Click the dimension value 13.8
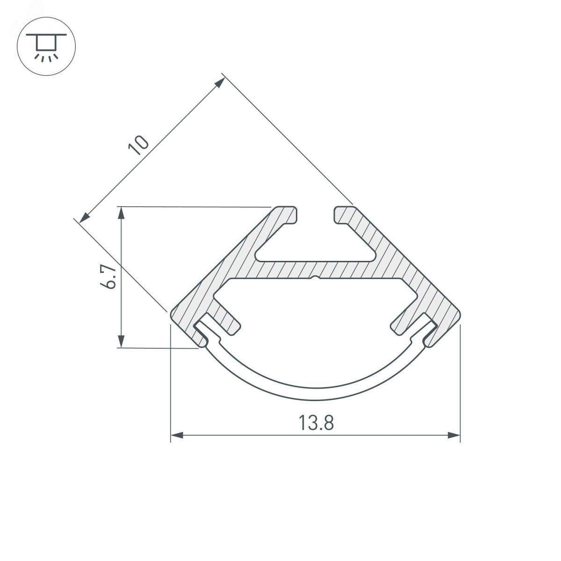pos(316,423)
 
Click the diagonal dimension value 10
pos(138,145)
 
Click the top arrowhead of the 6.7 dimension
pos(121,213)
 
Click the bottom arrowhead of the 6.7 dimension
pos(121,341)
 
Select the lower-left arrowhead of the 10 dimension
pos(85,218)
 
